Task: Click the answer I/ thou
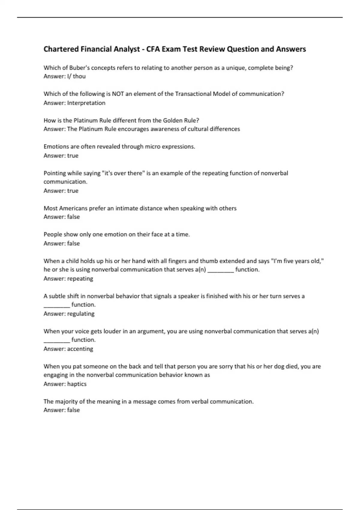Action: coord(76,76)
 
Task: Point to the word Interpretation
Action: coord(86,103)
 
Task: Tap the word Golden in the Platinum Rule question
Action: coord(172,120)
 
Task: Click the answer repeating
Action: coord(80,279)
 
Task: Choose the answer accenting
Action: coord(80,349)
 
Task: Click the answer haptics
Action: coord(77,384)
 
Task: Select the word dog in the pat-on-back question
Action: coord(279,366)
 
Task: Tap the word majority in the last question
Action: coord(66,401)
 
